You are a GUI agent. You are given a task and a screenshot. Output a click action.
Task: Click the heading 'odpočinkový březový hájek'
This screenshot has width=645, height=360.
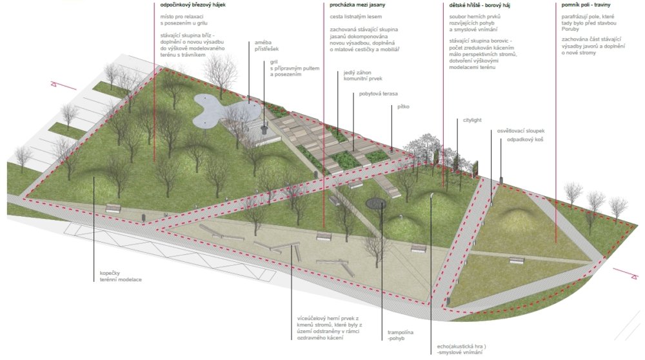coord(193,5)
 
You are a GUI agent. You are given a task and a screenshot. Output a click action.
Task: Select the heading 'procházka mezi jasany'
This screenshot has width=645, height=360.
coord(357,5)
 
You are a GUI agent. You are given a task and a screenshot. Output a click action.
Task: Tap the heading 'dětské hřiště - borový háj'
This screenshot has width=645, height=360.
coord(480,5)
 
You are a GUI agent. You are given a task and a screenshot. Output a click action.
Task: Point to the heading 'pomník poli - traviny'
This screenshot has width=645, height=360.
coord(586,5)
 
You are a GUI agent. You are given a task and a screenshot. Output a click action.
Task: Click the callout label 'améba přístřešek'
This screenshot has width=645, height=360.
coord(266,46)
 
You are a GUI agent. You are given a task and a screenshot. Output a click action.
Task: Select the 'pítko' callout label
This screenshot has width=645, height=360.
coord(403,106)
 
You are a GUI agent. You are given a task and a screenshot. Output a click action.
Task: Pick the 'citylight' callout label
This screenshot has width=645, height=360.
coord(472,120)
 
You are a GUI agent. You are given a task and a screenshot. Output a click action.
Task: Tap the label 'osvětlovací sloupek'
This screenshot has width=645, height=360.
coord(521,131)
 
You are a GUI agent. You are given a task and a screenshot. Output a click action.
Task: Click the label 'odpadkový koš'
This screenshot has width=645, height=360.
coord(525,140)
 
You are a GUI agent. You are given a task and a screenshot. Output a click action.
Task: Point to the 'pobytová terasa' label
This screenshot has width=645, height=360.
coord(379,94)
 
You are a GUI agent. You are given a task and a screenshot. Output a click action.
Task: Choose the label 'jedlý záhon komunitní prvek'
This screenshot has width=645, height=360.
coord(362,75)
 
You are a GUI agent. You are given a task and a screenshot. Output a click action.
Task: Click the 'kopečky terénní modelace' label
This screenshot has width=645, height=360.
coord(121,276)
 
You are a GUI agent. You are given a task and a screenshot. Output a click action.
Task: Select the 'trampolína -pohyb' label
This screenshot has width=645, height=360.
coord(401,335)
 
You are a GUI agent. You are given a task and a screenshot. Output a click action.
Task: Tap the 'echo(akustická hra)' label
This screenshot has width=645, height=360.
coord(461,346)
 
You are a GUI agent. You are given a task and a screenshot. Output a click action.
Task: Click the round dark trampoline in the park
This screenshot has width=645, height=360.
coord(376,203)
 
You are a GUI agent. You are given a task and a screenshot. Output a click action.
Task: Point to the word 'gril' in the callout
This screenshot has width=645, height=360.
coord(273,62)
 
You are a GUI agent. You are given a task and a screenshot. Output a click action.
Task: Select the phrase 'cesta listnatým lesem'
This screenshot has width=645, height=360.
coord(356,17)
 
